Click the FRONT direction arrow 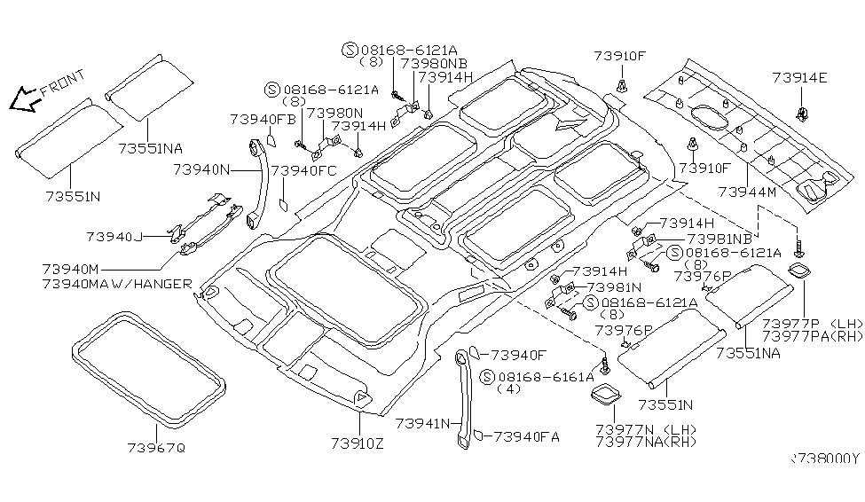(x=23, y=99)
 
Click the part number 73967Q (x=156, y=447)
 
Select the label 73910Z (x=358, y=443)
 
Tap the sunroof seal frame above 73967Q (x=149, y=368)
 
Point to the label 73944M (x=747, y=192)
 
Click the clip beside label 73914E (x=800, y=114)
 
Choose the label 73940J (x=114, y=237)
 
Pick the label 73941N (x=422, y=424)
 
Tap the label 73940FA (x=526, y=437)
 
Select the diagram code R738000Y (x=825, y=459)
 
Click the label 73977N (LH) (x=646, y=430)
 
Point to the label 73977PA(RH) (x=812, y=336)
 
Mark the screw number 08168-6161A (x=547, y=377)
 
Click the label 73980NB (x=434, y=63)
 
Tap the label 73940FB (x=263, y=119)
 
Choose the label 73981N (x=614, y=287)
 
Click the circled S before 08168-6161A (x=486, y=377)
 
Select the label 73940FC (x=304, y=170)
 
